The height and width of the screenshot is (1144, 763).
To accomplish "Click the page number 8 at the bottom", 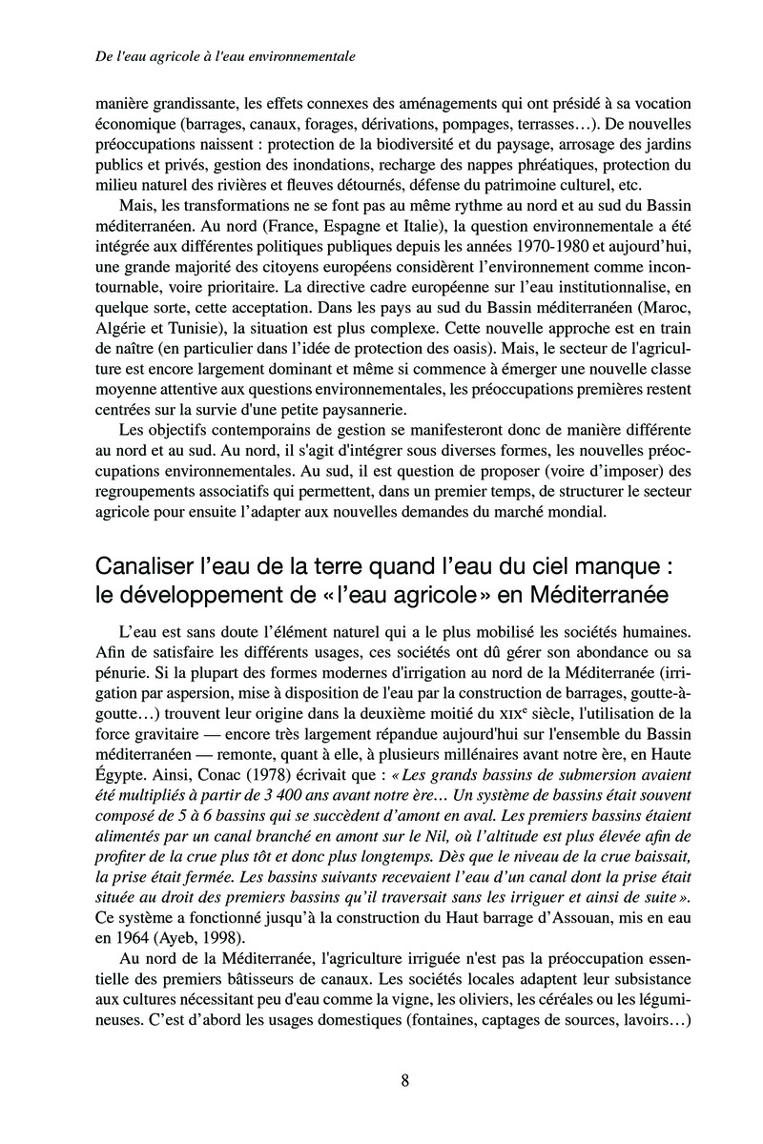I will click(405, 1080).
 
